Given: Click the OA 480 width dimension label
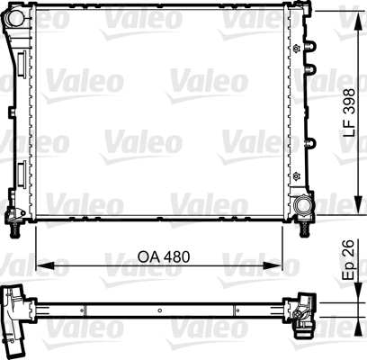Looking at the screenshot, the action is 164,256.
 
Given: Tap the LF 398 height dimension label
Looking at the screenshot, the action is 349,112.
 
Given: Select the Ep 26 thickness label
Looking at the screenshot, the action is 349,260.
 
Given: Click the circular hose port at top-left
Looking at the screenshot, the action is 15,18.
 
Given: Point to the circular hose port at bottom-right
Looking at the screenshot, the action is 303,205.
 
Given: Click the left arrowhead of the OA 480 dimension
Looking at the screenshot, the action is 45,265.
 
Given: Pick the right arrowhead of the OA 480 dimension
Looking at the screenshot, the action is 273,265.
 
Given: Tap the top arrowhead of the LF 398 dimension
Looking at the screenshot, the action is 358,21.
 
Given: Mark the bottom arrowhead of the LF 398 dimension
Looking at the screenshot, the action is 358,205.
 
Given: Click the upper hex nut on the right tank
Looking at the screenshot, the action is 297,49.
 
